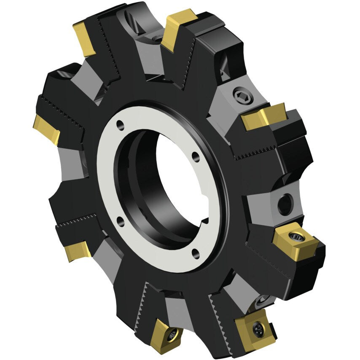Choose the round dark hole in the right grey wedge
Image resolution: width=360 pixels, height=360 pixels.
point(285,204)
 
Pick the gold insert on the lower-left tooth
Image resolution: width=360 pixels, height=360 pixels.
point(77,250)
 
